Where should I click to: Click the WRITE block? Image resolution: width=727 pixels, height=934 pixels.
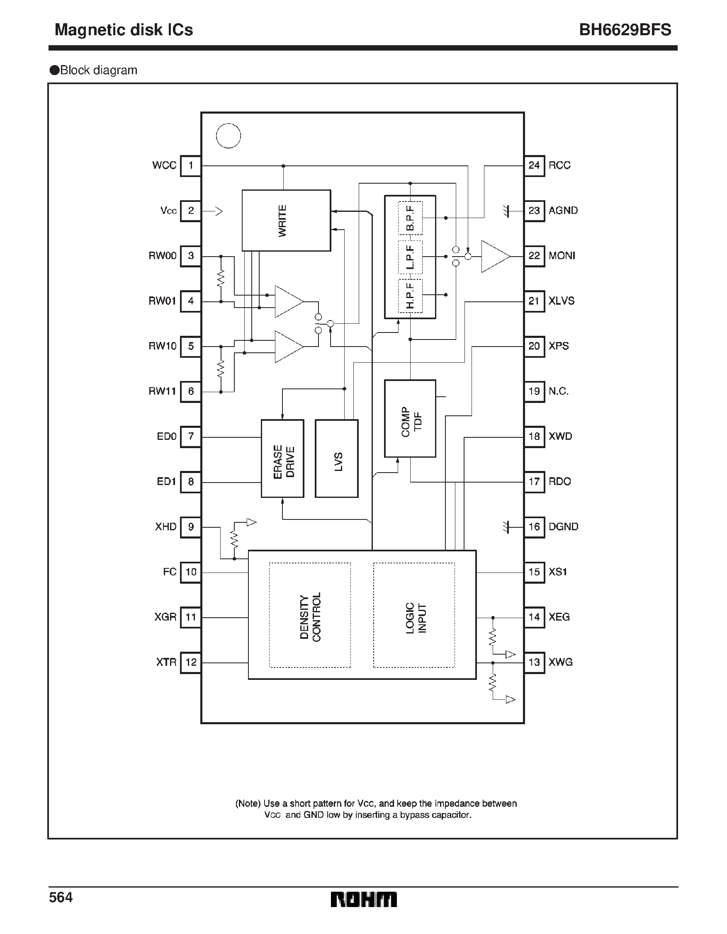click(x=286, y=220)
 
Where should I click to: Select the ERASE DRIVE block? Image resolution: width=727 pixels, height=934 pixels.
click(x=282, y=459)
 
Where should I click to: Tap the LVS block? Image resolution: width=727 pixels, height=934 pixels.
click(x=336, y=459)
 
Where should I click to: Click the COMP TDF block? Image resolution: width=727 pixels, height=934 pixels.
click(x=410, y=418)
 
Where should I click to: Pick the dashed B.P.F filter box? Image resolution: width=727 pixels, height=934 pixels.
click(x=410, y=218)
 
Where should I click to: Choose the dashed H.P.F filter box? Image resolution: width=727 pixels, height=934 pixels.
click(x=410, y=296)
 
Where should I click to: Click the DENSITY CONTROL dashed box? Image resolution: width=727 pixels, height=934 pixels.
click(x=310, y=615)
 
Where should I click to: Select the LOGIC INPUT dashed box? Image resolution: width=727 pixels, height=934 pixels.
click(x=414, y=615)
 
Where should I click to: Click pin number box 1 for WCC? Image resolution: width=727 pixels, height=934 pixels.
click(x=191, y=165)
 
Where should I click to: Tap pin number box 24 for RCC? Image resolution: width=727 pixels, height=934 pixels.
click(x=534, y=165)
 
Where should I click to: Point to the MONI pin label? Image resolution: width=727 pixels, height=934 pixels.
click(x=562, y=256)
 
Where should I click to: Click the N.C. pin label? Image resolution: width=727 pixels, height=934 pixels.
click(x=558, y=391)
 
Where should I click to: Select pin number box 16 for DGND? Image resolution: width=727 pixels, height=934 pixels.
click(x=534, y=526)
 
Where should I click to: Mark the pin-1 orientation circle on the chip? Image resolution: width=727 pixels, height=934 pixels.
click(x=228, y=136)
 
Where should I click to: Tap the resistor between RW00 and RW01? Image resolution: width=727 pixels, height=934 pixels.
click(x=221, y=279)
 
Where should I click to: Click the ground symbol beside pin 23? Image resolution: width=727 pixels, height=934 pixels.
click(x=507, y=211)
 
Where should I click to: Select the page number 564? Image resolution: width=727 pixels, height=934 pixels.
click(x=61, y=897)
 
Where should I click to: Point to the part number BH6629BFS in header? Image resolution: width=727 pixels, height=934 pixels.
click(x=625, y=30)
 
